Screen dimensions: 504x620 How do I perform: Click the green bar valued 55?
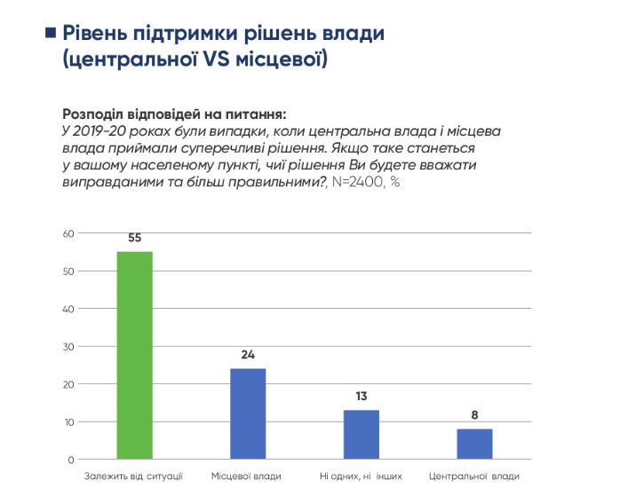coord(135,355)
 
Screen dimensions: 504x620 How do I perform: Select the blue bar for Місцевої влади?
coord(248,413)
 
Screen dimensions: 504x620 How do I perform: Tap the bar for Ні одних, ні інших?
coord(362,435)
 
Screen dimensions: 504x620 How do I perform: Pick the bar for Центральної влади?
coord(474,444)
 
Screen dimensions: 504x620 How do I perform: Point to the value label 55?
coord(135,239)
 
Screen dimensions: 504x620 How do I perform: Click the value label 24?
coord(248,355)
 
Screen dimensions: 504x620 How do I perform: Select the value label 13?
coord(362,397)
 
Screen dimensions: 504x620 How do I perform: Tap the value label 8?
coord(474,415)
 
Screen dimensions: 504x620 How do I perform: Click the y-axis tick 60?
coord(67,233)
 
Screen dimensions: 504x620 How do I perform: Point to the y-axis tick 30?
coord(67,346)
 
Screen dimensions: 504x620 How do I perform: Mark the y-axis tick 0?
coord(69,460)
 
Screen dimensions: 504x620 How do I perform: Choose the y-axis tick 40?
coord(67,309)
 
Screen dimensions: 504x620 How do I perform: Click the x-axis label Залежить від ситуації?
coord(135,476)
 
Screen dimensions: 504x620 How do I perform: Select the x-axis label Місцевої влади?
coord(248,476)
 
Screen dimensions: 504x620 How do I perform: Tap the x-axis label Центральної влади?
coord(474,476)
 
